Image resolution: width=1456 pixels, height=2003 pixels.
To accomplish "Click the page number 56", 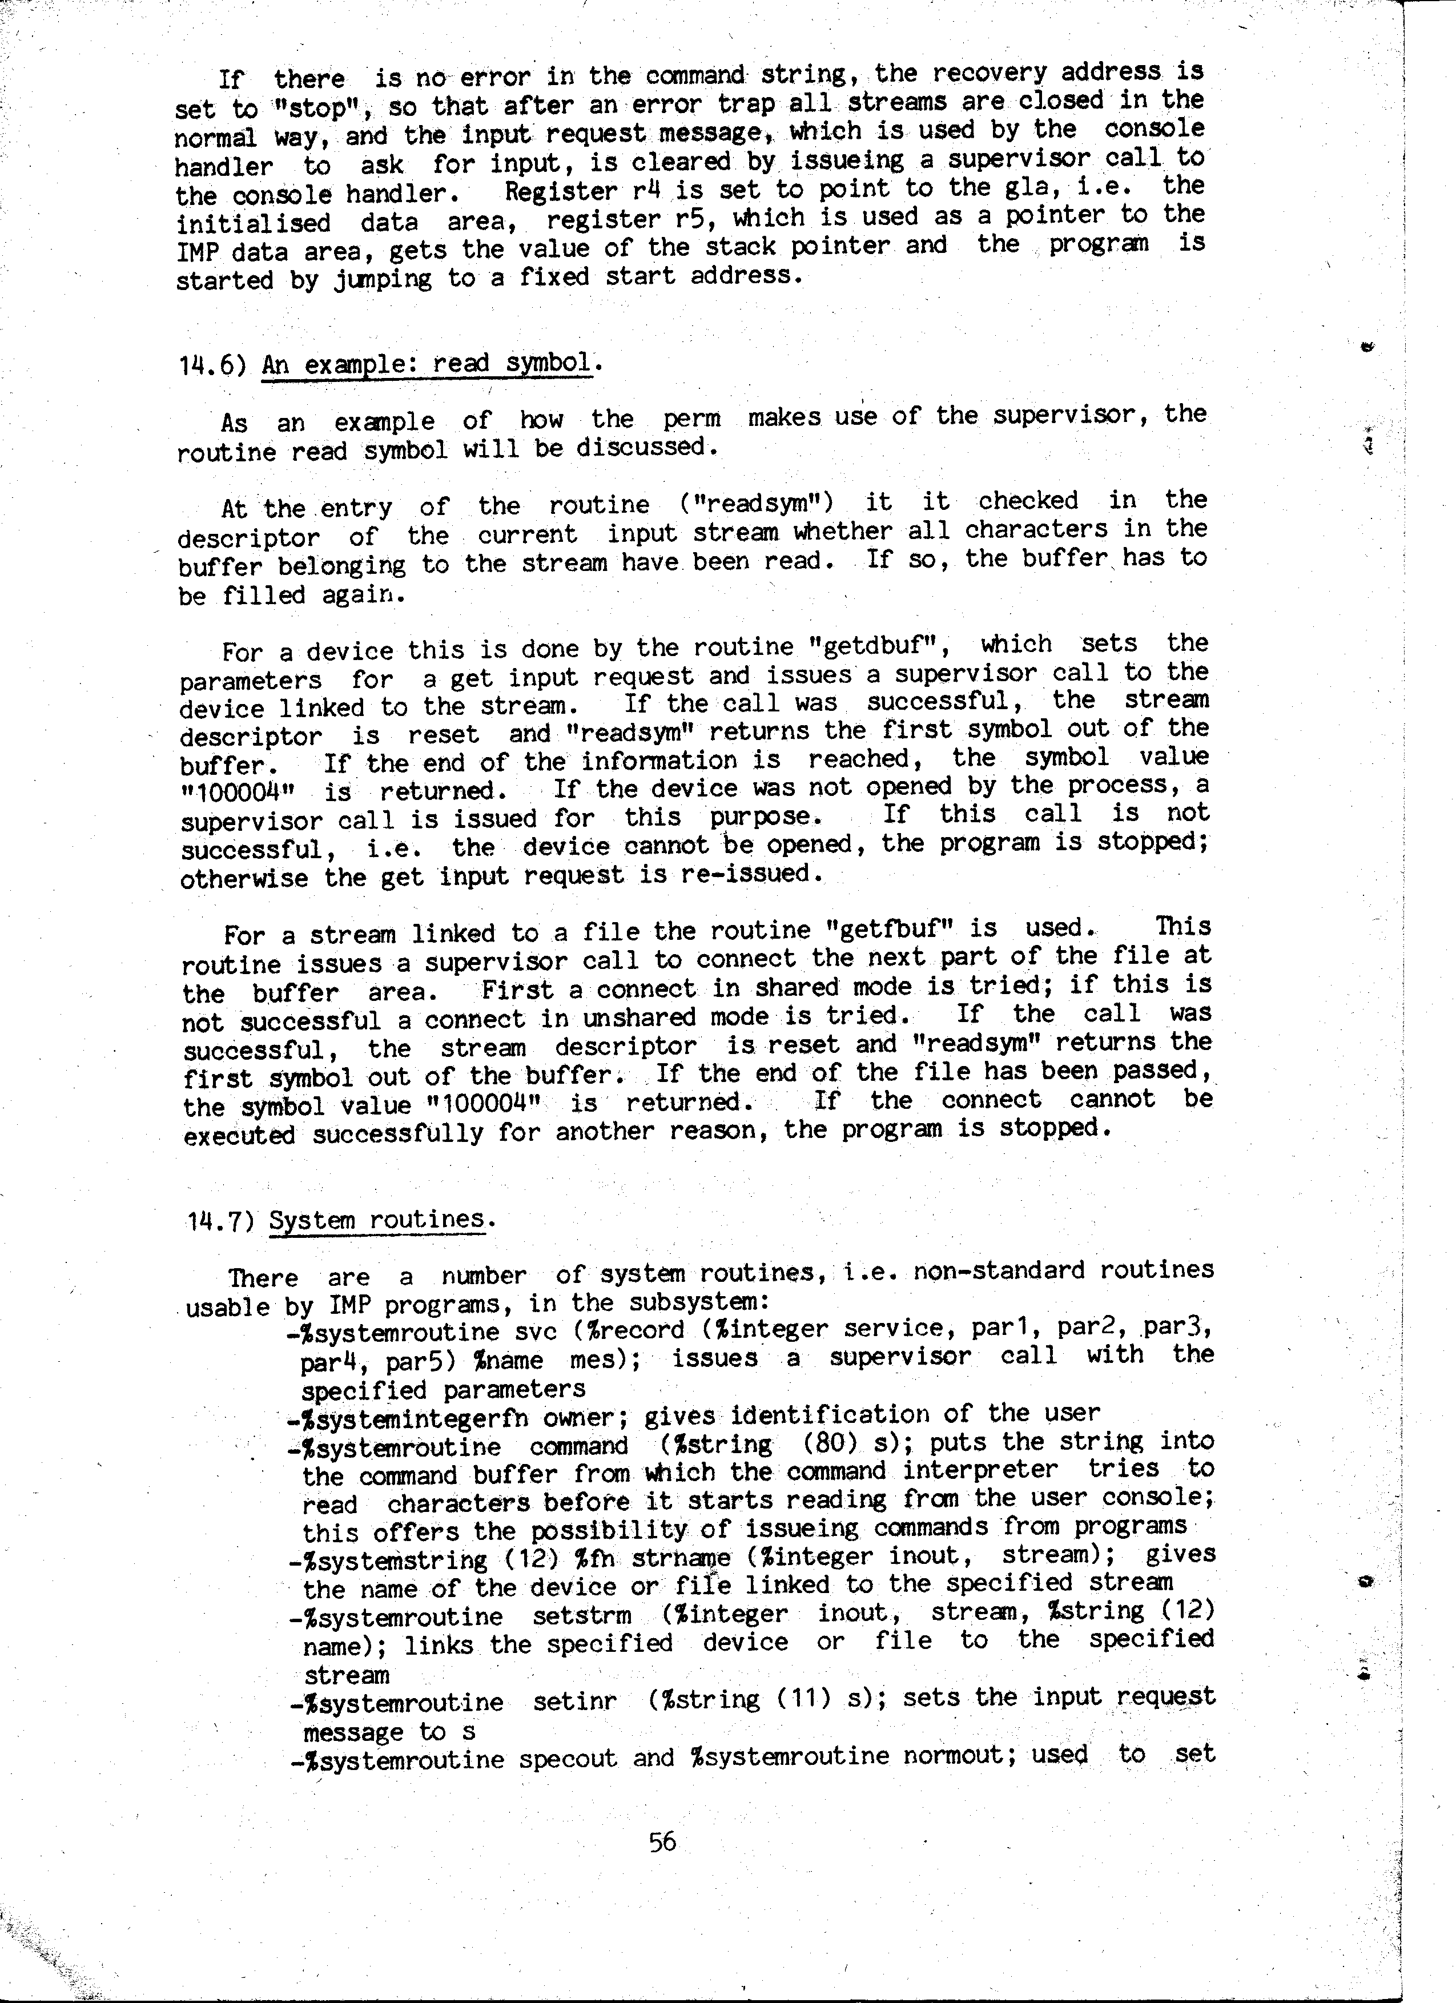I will (x=662, y=1842).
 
